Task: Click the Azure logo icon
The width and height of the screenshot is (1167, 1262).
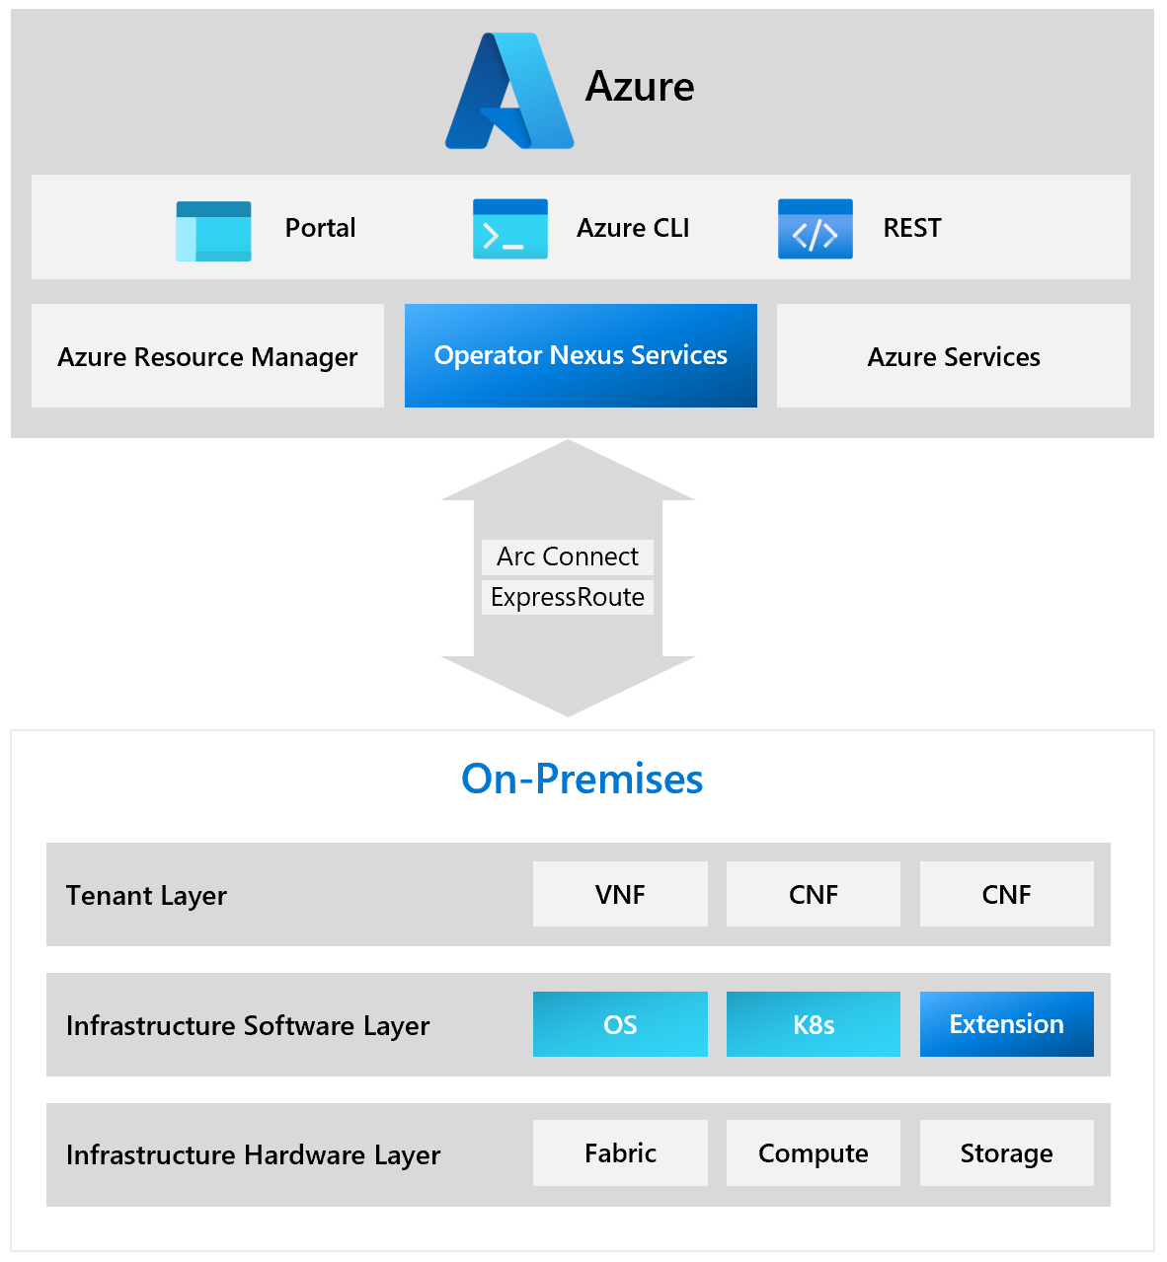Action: [509, 92]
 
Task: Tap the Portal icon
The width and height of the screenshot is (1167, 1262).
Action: [213, 231]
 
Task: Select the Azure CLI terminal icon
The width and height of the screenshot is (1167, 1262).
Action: [509, 229]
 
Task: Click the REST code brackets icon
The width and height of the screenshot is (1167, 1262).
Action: [815, 229]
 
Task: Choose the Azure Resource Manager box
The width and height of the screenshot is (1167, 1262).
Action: [207, 356]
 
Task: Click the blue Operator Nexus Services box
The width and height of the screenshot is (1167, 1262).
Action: [581, 355]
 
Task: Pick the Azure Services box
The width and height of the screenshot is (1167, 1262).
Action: [953, 356]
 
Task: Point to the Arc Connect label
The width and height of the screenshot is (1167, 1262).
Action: [568, 557]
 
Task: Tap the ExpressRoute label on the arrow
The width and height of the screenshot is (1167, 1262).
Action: [568, 597]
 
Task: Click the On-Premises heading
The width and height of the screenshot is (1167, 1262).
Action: [582, 779]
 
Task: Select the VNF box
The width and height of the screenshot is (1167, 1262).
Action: [620, 894]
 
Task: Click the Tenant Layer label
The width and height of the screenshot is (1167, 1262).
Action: [146, 895]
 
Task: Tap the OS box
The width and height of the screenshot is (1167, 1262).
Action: [620, 1024]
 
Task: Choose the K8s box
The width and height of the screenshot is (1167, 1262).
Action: [814, 1024]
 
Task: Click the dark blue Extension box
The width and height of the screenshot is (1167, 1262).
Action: [1006, 1024]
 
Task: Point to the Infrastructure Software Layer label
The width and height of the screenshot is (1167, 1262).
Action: [248, 1025]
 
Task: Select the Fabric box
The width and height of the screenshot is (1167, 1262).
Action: [620, 1152]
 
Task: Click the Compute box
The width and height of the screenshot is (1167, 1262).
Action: [814, 1152]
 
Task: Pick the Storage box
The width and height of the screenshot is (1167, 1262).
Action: [1006, 1152]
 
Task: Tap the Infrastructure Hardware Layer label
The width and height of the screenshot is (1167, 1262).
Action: [253, 1154]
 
